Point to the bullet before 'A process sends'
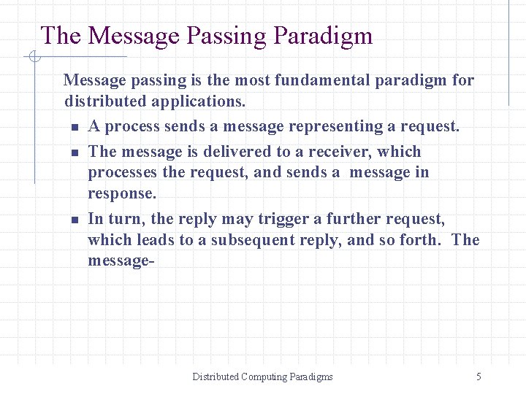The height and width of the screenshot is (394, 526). [x=75, y=128]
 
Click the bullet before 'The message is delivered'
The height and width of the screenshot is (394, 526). [x=75, y=153]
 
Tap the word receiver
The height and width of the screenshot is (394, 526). [x=342, y=152]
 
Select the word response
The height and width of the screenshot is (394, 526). [x=121, y=194]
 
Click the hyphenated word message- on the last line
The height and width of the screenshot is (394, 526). [x=121, y=260]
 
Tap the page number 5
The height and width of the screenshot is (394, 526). [x=479, y=376]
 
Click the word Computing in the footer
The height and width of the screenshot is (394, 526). [x=265, y=376]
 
